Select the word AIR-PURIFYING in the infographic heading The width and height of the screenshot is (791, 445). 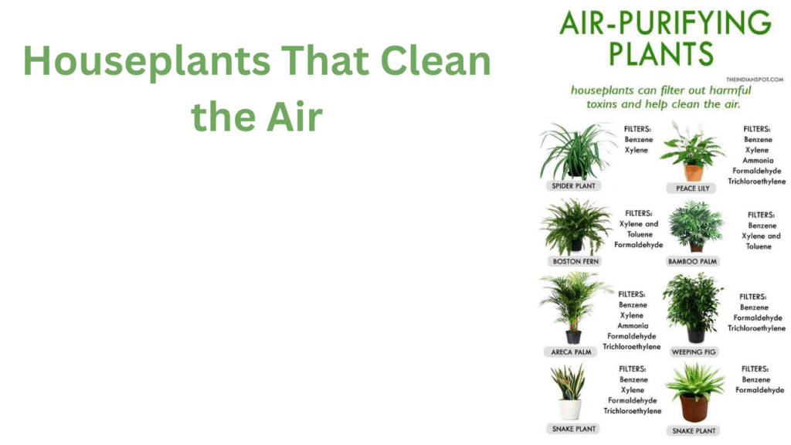pos(665,22)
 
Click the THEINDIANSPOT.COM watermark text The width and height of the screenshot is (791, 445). pos(755,80)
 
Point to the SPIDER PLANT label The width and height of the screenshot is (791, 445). pos(574,185)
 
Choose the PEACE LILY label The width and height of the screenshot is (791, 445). pos(693,189)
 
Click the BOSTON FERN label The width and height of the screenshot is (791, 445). pos(575,261)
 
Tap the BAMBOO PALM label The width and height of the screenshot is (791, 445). pos(692,261)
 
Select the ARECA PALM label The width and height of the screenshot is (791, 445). pos(571,352)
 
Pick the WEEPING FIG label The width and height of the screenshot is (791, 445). pos(694,352)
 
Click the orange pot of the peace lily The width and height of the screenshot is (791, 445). pos(693,172)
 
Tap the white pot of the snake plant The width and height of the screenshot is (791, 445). pos(570,409)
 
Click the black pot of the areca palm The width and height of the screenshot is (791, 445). pos(573,337)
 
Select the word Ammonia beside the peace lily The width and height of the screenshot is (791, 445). pos(758,161)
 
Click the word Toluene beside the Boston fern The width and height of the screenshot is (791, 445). pos(640,234)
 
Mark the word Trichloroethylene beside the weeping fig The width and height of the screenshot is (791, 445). pos(756,328)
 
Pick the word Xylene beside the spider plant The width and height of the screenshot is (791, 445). pos(637,150)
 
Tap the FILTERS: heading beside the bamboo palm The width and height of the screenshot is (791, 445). pos(761,215)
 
